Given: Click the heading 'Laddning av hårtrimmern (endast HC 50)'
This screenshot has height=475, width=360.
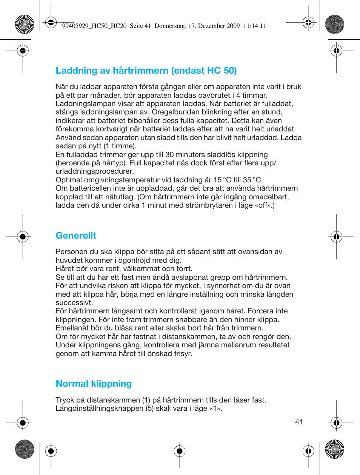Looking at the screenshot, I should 146,71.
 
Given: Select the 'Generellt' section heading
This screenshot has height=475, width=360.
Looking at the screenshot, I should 76,236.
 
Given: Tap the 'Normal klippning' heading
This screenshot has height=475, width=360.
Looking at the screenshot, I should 94,384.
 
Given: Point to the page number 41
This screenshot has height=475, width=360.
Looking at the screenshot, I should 299,422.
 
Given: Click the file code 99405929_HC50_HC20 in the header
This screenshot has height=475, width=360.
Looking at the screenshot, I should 94,26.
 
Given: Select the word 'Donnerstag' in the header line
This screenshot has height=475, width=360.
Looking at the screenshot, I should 170,26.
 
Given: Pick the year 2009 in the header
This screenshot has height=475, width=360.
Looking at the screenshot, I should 233,26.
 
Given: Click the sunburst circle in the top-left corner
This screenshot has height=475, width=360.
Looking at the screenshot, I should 25,24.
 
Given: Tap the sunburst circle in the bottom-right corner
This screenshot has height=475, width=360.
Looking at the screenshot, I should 335,449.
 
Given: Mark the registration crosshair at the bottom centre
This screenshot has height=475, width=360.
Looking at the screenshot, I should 180,450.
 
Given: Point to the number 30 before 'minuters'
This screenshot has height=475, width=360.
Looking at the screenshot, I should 169,155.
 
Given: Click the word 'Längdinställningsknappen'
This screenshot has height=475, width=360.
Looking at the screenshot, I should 99,409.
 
